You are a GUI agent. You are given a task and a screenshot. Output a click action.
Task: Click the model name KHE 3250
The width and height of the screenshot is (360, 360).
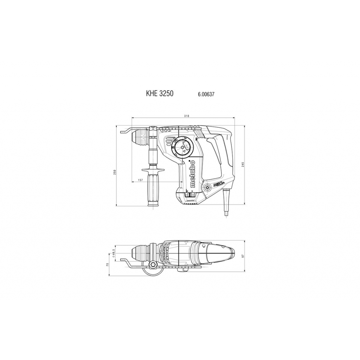click(x=160, y=94)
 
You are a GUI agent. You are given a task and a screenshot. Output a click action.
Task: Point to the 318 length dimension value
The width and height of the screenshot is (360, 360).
click(x=187, y=116)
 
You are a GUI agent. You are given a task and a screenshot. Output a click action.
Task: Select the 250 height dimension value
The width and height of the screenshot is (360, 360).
click(x=115, y=172)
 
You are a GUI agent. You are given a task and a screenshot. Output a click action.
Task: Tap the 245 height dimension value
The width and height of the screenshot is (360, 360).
click(x=243, y=165)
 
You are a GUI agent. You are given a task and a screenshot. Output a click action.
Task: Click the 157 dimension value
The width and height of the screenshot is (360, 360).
click(x=140, y=180)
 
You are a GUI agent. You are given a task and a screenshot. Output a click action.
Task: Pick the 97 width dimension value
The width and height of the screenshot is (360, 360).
click(x=243, y=256)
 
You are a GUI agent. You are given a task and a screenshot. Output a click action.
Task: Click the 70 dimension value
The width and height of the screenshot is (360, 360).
click(x=107, y=265)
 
